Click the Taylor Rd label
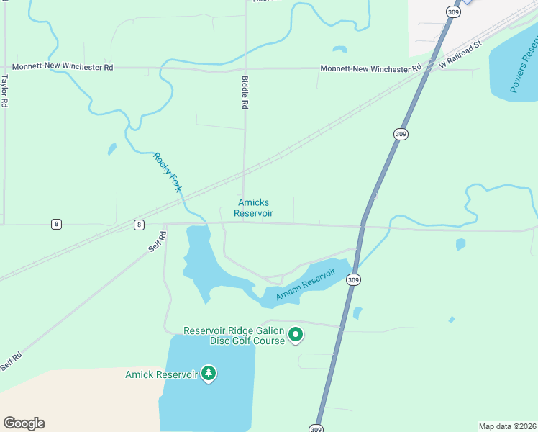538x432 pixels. (x=4, y=91)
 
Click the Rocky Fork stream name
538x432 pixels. (x=167, y=172)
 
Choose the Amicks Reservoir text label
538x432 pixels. (x=253, y=208)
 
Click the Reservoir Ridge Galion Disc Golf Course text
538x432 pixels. (x=234, y=336)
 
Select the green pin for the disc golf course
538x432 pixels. (x=296, y=335)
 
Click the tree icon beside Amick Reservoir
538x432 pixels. (x=209, y=374)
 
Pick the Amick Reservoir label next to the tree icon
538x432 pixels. (x=161, y=374)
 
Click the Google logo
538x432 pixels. (x=24, y=423)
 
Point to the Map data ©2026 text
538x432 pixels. (x=507, y=426)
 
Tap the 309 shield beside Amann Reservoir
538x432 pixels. (x=352, y=279)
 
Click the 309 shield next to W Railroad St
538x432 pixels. (x=452, y=12)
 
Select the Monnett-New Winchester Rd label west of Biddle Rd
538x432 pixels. (x=63, y=67)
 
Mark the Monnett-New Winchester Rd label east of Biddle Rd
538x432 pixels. (x=370, y=68)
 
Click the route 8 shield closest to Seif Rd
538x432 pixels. (x=139, y=225)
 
